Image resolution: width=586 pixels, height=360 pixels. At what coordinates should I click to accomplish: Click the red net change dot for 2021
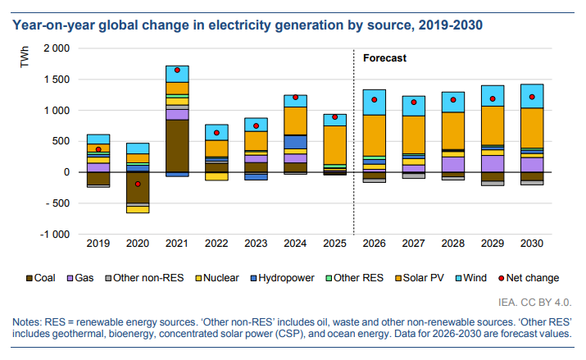[x=177, y=70]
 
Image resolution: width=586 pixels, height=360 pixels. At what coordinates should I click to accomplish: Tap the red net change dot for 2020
[x=138, y=184]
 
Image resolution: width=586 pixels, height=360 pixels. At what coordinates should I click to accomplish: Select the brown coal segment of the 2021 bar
[x=177, y=145]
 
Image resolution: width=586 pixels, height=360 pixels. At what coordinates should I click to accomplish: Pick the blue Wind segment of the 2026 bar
[x=375, y=102]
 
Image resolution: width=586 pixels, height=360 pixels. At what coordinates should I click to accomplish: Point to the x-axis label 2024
[x=295, y=244]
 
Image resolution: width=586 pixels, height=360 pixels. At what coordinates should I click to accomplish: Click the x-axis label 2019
[x=98, y=244]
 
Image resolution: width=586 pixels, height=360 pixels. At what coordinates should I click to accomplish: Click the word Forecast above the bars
[x=385, y=58]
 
